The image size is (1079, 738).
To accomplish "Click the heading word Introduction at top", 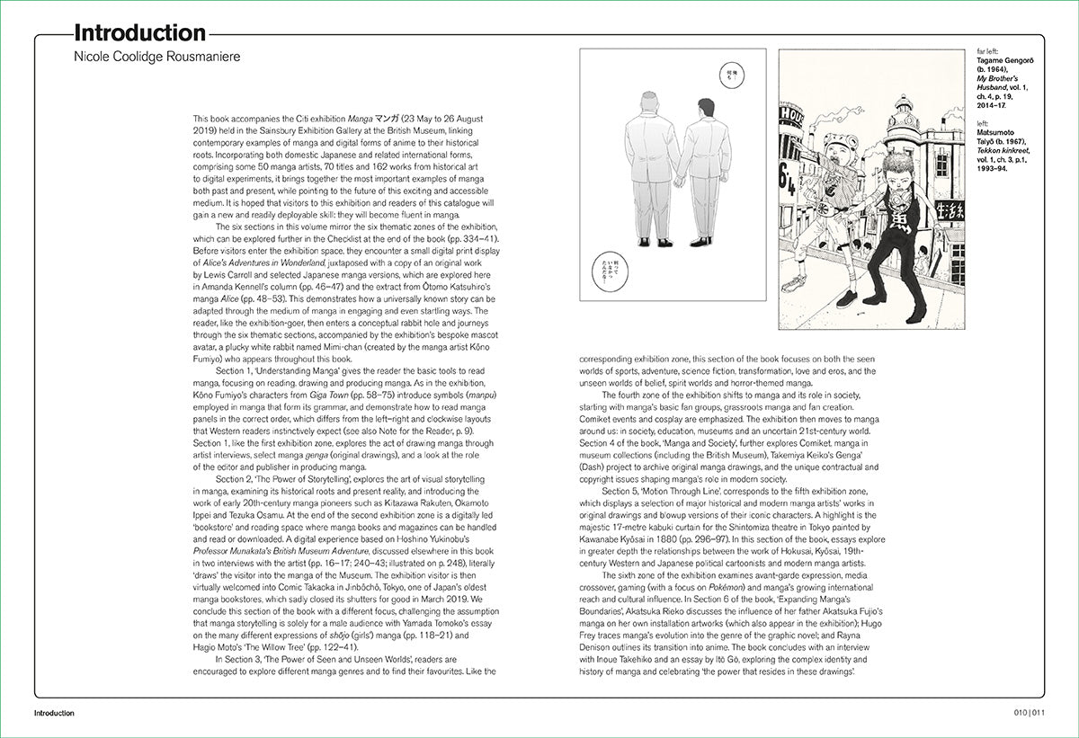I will [x=139, y=34].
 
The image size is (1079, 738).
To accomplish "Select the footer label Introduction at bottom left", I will [x=54, y=713].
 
